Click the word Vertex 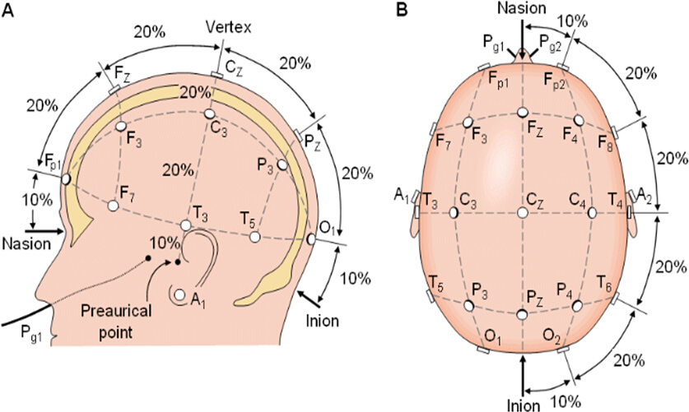(229, 28)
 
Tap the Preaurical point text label (115, 322)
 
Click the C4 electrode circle (591, 213)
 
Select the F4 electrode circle (578, 120)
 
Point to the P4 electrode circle (577, 305)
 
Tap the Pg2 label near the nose (550, 44)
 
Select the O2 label (551, 339)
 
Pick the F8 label (606, 141)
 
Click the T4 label (615, 200)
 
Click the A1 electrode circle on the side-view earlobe (179, 295)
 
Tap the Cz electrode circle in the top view (523, 213)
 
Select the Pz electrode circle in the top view (522, 314)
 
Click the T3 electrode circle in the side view (186, 225)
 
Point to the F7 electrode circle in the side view (113, 206)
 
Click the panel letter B (402, 9)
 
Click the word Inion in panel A (323, 321)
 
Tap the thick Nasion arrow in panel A (44, 230)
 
